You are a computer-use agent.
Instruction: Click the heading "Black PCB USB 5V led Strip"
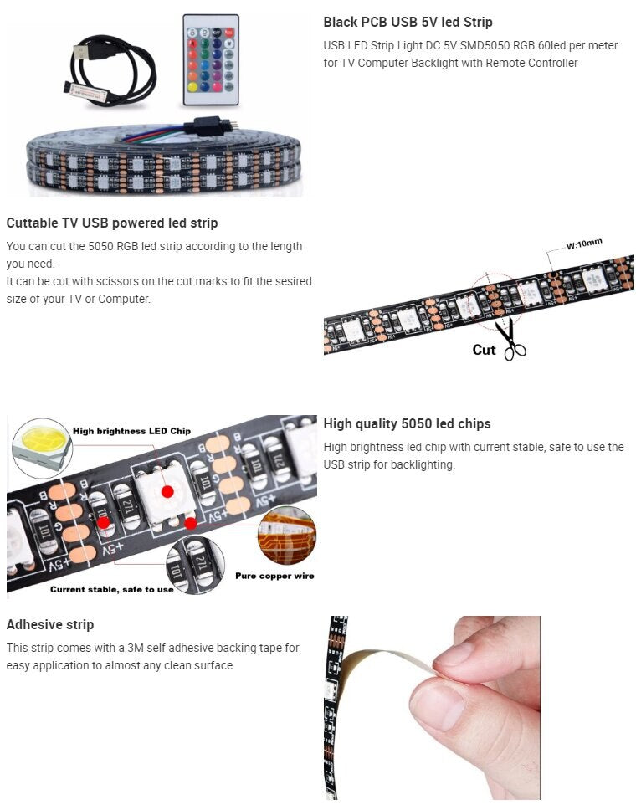pos(408,23)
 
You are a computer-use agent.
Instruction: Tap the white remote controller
pos(211,60)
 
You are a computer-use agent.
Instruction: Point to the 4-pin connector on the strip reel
pos(213,126)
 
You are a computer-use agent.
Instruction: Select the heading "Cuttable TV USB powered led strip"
pos(112,223)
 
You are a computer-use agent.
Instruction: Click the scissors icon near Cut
pos(510,339)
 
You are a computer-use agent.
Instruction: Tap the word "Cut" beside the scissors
pos(484,351)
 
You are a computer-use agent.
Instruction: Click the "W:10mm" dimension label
pos(584,244)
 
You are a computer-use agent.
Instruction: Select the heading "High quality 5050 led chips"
pos(407,424)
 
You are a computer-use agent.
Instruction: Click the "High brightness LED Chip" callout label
pos(131,431)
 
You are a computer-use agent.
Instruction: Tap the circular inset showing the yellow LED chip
pos(43,448)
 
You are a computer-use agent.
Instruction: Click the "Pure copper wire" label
pos(274,576)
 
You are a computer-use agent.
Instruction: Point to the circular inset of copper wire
pos(287,535)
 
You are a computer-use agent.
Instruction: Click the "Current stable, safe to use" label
pos(112,589)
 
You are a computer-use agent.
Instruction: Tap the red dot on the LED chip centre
pos(167,492)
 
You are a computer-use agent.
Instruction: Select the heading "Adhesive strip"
pos(50,624)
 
